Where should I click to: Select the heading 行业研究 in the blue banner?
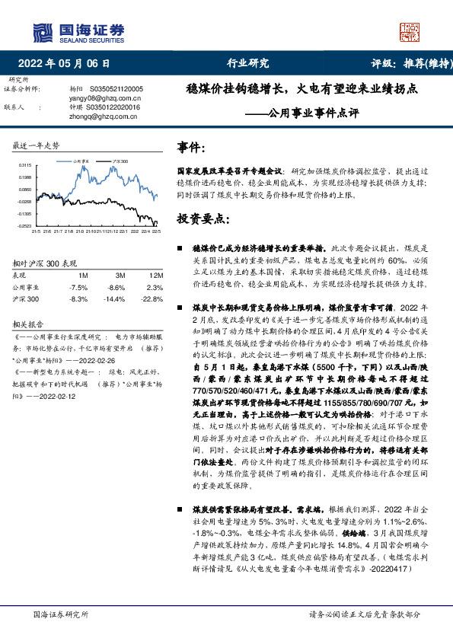(x=248, y=63)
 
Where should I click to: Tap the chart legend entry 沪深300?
(x=119, y=162)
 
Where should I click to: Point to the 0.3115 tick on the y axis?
(x=26, y=164)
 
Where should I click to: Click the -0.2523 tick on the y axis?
(x=26, y=226)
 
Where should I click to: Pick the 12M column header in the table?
(x=156, y=275)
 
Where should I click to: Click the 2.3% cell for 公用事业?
(x=155, y=288)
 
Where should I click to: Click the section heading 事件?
(x=190, y=147)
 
